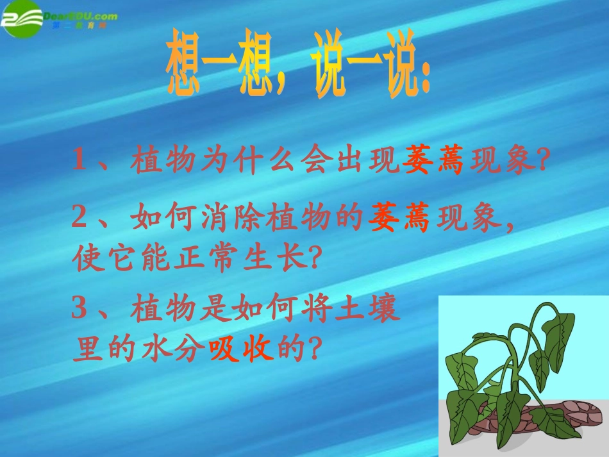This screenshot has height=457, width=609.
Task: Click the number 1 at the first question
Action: pos(79,160)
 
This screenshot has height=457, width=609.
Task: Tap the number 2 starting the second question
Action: pos(79,219)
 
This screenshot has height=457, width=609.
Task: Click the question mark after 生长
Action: pos(313,258)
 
